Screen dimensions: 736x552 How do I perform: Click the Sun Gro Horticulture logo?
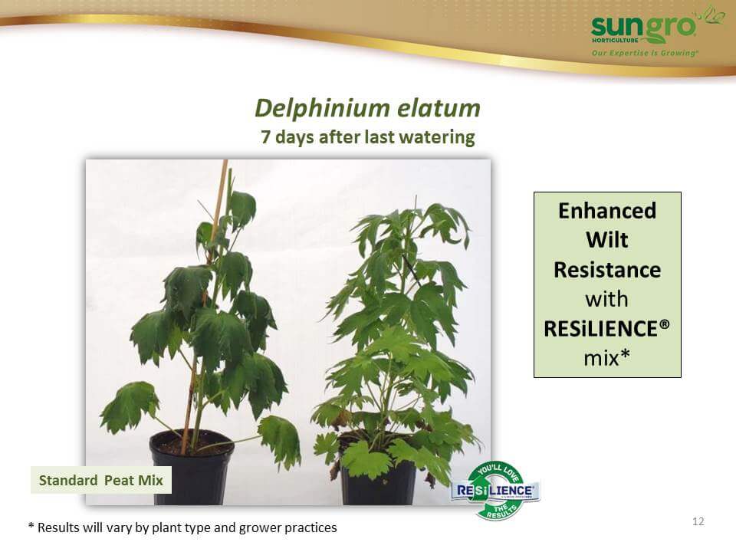(656, 31)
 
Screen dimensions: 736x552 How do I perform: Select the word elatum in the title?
(439, 108)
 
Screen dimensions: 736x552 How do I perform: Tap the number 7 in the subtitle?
(266, 137)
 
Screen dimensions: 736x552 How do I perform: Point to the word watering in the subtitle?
(438, 138)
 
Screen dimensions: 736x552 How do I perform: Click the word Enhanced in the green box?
(607, 211)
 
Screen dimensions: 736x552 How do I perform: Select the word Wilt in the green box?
(607, 240)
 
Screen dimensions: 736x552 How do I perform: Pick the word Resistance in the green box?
(607, 270)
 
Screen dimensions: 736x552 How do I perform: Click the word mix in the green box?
(601, 358)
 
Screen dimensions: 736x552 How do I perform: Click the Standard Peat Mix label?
(101, 480)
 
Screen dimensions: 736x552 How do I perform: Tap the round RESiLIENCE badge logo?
(496, 491)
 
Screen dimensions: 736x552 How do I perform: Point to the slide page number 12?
(698, 521)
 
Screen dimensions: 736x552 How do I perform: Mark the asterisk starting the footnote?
(31, 526)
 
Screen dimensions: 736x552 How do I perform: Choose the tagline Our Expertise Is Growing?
(645, 53)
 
